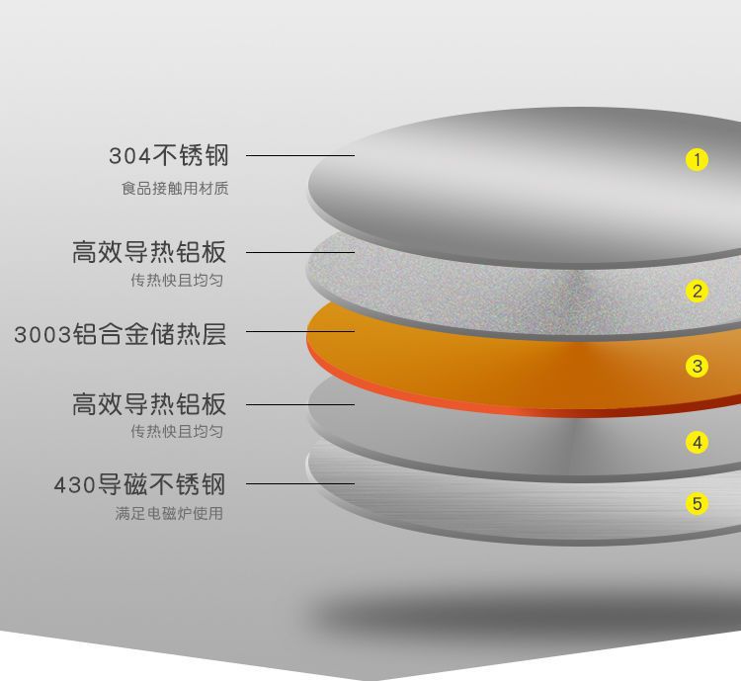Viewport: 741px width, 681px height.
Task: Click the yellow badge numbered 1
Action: point(697,159)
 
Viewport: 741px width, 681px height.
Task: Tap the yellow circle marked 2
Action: point(697,291)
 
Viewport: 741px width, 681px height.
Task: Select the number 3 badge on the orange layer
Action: point(697,367)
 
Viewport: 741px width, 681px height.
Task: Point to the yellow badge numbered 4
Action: point(697,442)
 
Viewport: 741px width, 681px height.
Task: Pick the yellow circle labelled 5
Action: point(697,504)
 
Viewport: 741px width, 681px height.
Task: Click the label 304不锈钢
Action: point(168,156)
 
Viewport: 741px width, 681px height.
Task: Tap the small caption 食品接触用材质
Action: point(175,188)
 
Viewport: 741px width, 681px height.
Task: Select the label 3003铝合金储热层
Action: point(120,334)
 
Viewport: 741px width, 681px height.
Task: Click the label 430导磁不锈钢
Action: point(139,485)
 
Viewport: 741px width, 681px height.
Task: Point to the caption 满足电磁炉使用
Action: point(169,513)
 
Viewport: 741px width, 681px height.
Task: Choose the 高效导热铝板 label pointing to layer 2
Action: point(149,252)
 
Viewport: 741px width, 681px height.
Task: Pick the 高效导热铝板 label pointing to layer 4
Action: point(149,403)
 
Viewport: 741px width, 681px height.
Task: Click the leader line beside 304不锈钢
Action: point(299,155)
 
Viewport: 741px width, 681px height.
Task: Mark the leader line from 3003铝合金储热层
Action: point(299,332)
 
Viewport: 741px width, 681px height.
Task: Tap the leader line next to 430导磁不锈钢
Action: point(299,484)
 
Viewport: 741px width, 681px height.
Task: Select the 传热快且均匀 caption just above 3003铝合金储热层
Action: point(178,280)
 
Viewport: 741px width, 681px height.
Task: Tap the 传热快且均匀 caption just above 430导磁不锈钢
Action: point(178,431)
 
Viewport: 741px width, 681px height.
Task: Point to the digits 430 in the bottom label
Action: point(74,485)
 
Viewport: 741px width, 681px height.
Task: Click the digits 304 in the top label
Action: point(129,156)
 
